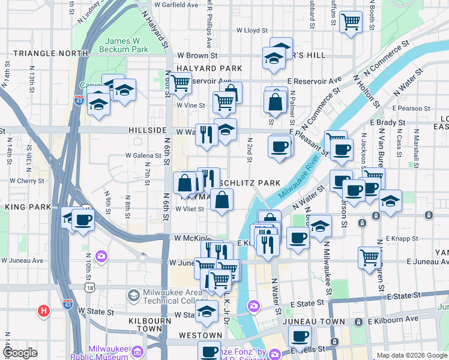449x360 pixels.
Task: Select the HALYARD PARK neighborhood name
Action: [x=200, y=69]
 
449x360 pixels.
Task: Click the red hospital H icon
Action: [x=44, y=311]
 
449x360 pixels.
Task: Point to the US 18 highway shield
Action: [x=90, y=288]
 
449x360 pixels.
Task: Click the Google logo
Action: [x=20, y=353]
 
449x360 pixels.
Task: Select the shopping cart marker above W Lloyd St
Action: [x=351, y=22]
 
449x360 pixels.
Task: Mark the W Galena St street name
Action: [x=143, y=155]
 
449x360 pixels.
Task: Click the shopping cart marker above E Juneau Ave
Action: [x=369, y=257]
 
